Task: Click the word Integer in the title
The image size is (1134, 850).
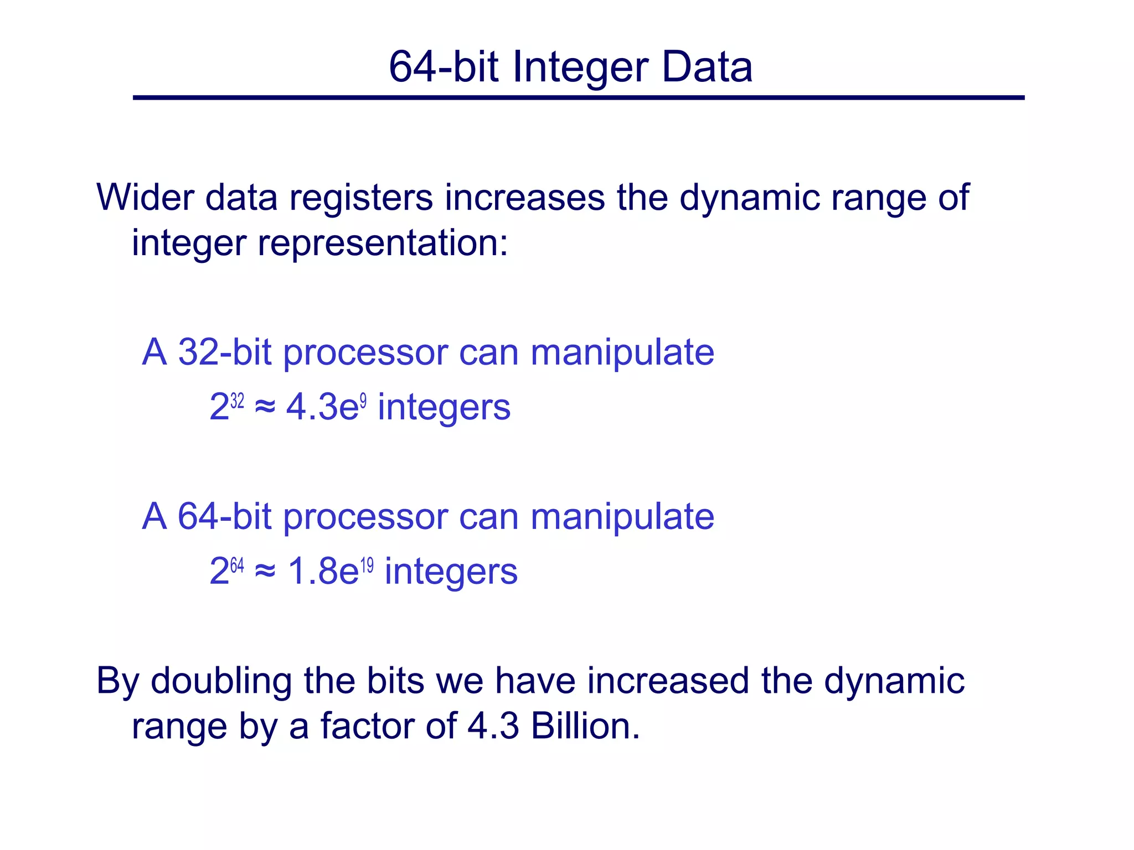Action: [580, 68]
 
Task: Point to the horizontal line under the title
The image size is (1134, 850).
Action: [578, 98]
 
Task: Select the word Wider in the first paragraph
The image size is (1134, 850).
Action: [145, 197]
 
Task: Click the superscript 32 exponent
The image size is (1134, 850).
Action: [237, 400]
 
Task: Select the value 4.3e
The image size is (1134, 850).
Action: [322, 407]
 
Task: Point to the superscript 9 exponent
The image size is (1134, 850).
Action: [363, 400]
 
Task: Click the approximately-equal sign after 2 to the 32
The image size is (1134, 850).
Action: [265, 408]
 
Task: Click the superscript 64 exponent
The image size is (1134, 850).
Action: [237, 565]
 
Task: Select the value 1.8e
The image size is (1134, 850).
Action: [323, 571]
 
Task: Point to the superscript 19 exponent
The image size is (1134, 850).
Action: [367, 565]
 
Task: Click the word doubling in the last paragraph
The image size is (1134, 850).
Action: [221, 682]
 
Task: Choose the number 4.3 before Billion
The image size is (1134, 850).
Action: [493, 726]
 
